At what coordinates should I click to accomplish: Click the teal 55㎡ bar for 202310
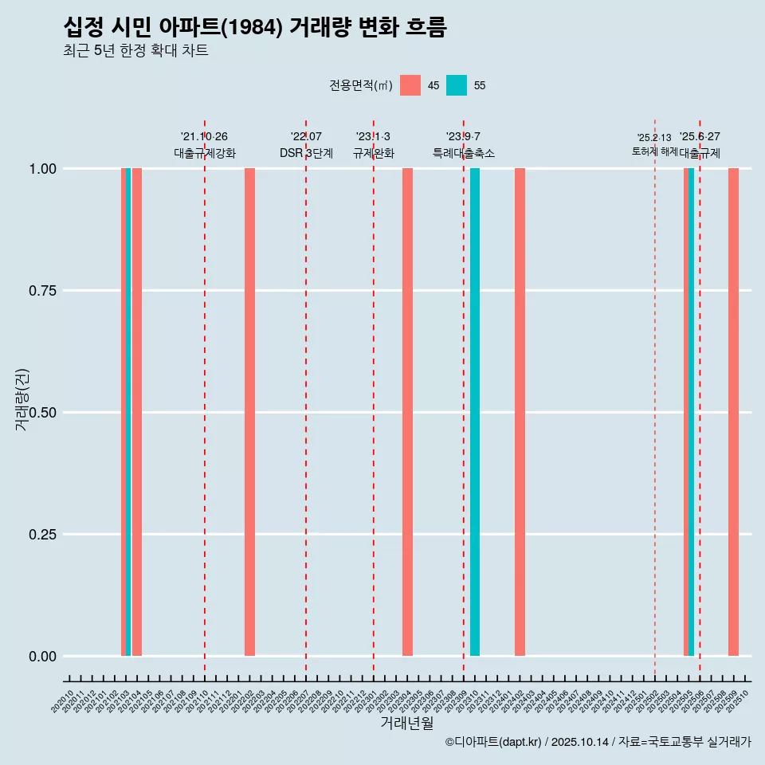point(475,412)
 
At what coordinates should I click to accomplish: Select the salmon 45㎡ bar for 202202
point(249,412)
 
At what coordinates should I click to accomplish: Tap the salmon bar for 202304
point(407,412)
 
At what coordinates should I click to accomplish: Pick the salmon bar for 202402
point(520,412)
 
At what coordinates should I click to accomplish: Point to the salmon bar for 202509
point(733,412)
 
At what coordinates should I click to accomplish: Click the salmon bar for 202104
point(137,412)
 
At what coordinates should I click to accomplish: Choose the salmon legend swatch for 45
point(410,85)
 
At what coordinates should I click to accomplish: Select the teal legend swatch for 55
point(457,85)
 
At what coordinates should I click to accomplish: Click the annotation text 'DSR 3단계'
point(306,153)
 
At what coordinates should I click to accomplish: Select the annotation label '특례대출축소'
point(464,153)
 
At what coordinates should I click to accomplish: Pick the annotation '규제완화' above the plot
point(374,153)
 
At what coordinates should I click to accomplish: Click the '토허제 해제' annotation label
point(654,151)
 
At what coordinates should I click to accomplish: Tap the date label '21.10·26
point(204,137)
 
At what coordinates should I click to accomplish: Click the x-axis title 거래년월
point(406,724)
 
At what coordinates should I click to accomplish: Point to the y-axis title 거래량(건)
point(22,400)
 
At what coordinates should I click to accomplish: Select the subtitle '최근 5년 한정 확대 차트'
point(135,51)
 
